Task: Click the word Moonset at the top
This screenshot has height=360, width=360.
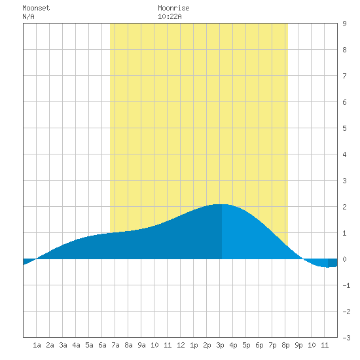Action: (36, 8)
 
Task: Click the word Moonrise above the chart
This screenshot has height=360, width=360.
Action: (173, 8)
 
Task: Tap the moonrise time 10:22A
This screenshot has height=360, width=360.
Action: (170, 16)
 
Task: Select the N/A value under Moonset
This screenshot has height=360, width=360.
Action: (28, 16)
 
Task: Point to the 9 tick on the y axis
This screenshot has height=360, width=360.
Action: (344, 24)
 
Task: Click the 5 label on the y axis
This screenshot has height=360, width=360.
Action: (344, 128)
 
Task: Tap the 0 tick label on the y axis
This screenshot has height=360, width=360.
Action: (344, 259)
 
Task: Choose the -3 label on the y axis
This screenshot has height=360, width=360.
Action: (346, 338)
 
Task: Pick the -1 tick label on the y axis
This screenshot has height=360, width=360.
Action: (346, 285)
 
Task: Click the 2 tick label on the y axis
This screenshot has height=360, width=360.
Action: (344, 207)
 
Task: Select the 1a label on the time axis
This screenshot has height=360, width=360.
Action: (37, 345)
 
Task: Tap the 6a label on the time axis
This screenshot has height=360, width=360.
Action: (102, 345)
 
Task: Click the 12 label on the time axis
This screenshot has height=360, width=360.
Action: (181, 345)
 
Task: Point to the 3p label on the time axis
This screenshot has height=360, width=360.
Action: (220, 345)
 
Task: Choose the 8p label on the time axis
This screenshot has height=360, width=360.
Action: (285, 345)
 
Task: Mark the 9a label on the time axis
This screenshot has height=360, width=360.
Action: (141, 345)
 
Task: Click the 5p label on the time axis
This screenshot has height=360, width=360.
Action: (246, 345)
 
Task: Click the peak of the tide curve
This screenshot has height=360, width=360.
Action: (222, 204)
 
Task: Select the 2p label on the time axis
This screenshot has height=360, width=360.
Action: (207, 345)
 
